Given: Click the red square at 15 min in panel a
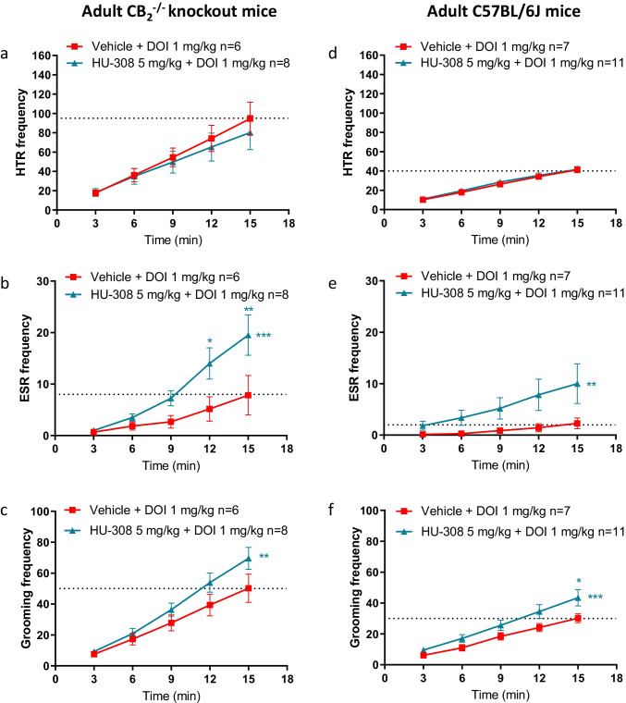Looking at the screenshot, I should coord(247,118).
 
